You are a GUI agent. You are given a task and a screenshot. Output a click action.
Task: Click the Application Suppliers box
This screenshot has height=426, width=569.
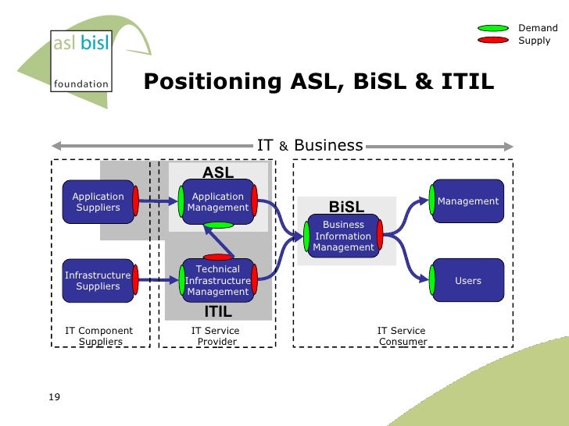point(98,202)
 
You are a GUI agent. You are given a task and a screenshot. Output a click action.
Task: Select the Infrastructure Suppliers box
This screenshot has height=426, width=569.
point(98,281)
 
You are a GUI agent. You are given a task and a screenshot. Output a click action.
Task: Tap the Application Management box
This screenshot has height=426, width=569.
point(218,202)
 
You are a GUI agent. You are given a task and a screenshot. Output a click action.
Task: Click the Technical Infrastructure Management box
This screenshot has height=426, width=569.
point(218,281)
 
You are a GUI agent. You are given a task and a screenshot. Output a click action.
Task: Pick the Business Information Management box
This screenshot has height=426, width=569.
point(343,236)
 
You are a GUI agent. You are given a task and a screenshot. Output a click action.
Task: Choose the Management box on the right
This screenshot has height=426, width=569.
point(467,201)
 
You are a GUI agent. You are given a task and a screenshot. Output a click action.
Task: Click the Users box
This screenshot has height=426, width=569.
point(467,281)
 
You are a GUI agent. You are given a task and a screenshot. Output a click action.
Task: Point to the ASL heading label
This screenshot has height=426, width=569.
point(218,172)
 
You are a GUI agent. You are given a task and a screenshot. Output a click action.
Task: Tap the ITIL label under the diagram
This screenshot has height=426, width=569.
point(218,312)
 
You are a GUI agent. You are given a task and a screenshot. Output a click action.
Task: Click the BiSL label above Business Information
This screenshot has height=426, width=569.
point(346,207)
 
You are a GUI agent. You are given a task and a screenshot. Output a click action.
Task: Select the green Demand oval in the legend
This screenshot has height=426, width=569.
point(493,29)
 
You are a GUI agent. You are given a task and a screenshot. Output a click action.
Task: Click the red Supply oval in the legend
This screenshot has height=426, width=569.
point(493,41)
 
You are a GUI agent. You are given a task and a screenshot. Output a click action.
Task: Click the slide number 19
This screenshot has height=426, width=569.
point(54,398)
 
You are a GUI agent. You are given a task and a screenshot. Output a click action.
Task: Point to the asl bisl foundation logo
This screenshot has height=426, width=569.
point(81,61)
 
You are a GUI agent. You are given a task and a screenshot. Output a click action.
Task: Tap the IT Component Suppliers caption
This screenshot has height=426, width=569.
point(98,336)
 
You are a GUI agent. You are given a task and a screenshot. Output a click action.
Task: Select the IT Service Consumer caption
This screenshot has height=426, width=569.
point(402,336)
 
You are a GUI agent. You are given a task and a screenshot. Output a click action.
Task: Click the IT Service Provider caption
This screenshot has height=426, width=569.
point(216,336)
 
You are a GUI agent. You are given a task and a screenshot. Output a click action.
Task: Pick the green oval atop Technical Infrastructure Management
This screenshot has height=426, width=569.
point(218,225)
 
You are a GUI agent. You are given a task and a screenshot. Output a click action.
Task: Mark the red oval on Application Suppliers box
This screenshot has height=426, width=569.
point(135,202)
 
